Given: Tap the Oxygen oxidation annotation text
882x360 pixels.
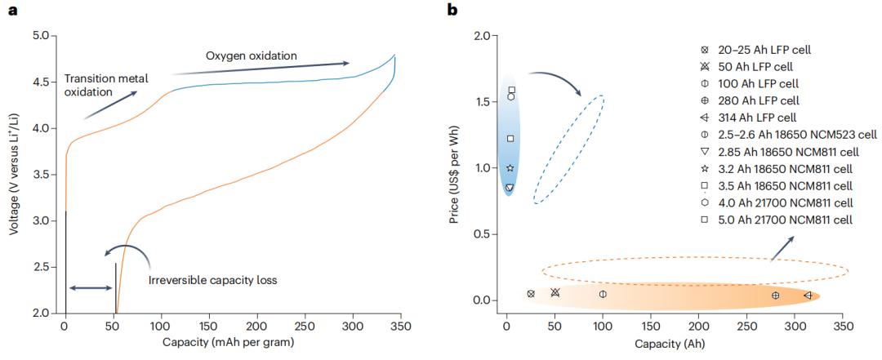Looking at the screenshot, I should pos(251,56).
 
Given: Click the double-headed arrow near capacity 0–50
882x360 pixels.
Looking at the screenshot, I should pos(91,287).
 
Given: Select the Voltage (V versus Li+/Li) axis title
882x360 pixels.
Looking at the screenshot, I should pos(15,174).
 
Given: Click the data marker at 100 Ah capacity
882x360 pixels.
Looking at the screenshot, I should pos(603,294).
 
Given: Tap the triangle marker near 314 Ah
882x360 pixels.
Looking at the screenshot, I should pos(807,295).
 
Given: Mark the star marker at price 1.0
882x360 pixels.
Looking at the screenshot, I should pos(510,168).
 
